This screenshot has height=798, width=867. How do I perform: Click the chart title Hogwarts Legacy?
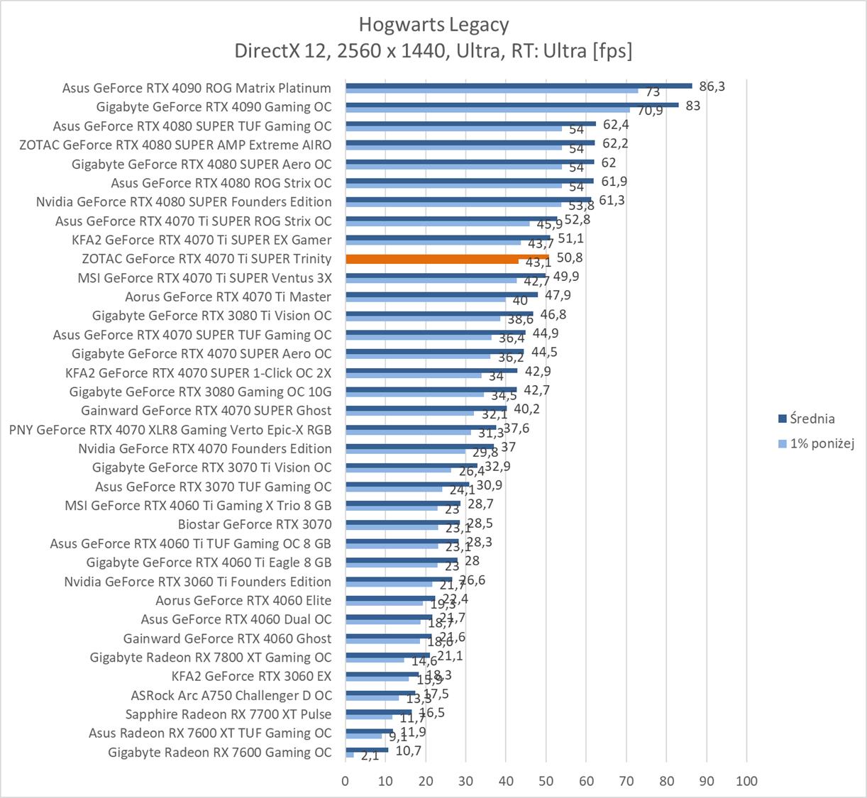coord(433,25)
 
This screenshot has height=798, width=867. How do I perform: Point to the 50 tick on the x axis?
coord(546,781)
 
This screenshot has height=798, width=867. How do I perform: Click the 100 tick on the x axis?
coord(746,781)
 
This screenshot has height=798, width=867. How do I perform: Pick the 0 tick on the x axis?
coord(346,781)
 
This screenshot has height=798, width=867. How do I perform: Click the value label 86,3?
coord(712,87)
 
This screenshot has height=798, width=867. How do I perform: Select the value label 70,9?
coord(650,111)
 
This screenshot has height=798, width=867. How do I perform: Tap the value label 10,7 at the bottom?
coord(408,750)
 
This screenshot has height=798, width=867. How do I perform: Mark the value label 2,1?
coord(370,756)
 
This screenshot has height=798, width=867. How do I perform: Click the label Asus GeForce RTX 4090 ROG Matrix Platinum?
coord(197,88)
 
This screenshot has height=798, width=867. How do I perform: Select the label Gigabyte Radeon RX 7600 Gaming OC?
coord(219,752)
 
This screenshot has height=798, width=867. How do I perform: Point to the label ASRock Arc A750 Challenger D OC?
coord(231,695)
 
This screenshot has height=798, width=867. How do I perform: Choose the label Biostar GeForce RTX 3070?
coord(254,524)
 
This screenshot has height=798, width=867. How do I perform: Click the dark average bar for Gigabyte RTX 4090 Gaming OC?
coord(512,104)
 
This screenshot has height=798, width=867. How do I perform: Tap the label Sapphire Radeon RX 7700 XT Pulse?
coord(228,714)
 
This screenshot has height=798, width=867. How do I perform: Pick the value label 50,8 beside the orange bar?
coord(570,257)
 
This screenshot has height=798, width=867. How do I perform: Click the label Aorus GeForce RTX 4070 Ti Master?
coord(228,297)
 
